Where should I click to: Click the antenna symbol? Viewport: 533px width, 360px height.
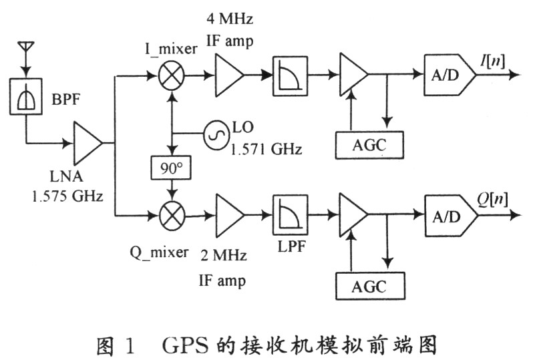(26, 49)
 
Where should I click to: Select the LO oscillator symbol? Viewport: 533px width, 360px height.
(216, 131)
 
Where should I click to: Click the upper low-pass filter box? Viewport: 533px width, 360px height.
(289, 76)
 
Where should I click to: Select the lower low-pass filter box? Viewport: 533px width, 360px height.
(289, 215)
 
